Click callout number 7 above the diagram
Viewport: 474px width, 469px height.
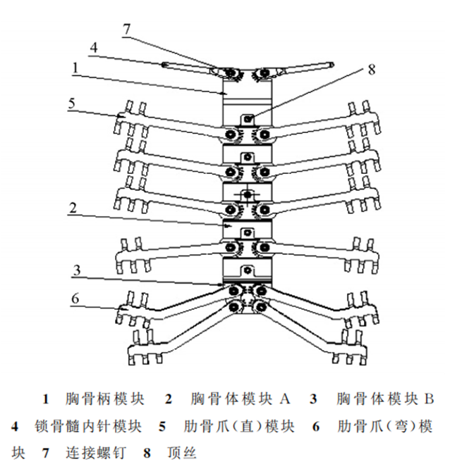point(127,29)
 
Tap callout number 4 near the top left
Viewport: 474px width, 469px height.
point(94,48)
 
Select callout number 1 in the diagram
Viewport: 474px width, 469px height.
point(75,68)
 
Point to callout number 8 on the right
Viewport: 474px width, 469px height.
point(372,70)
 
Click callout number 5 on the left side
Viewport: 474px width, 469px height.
point(72,104)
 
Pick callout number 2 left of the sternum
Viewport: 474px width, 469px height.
point(73,208)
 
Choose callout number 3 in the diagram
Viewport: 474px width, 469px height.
point(77,270)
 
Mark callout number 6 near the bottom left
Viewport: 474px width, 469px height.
point(75,299)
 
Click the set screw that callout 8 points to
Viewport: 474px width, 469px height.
point(248,119)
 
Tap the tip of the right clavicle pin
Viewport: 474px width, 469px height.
point(332,64)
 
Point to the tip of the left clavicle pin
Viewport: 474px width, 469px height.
point(164,65)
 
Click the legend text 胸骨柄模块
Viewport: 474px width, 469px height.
point(105,399)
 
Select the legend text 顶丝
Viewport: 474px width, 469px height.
point(182,453)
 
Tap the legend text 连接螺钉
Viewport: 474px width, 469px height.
point(95,453)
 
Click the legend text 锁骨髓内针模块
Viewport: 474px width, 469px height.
point(88,427)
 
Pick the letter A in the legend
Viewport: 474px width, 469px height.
point(285,399)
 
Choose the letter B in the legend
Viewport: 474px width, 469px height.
point(430,399)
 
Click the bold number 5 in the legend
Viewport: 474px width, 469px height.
point(162,427)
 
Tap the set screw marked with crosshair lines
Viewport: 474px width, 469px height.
point(248,194)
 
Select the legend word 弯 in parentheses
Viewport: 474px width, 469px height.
point(400,427)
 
